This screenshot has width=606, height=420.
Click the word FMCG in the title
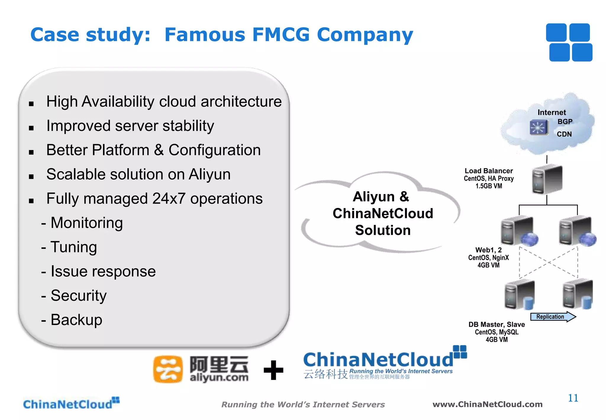click(281, 35)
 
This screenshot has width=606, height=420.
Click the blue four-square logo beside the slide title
click(569, 42)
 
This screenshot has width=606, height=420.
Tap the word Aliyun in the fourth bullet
click(209, 174)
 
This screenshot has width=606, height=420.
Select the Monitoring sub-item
click(86, 223)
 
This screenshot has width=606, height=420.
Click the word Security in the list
click(78, 296)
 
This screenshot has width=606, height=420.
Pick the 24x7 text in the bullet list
click(169, 198)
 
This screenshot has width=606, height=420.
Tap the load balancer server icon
click(547, 179)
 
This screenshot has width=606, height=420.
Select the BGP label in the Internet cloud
click(565, 122)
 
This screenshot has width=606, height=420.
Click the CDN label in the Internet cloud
click(564, 134)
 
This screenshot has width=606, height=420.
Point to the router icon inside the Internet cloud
click(539, 127)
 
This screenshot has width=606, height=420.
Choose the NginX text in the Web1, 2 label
click(500, 258)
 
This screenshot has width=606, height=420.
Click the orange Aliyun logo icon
click(168, 369)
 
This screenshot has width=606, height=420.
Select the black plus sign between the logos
click(273, 370)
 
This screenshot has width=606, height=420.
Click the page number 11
click(573, 398)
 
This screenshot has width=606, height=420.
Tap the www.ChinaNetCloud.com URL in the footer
click(487, 404)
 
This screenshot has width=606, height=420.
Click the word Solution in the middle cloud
click(383, 230)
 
